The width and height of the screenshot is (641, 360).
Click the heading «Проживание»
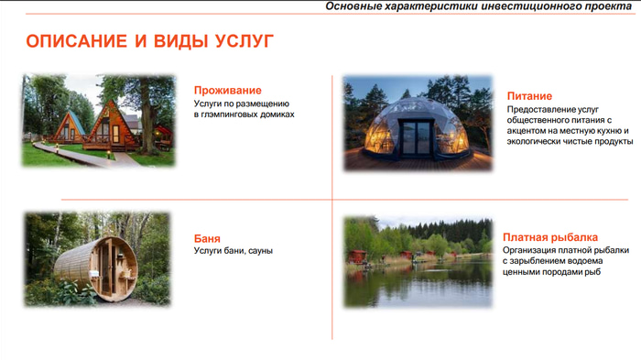228,91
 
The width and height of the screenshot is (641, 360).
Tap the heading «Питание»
529,96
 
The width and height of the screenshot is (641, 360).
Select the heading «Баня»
207,238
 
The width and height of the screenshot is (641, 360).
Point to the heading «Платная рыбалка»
550,237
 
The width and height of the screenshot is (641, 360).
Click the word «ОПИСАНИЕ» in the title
76,41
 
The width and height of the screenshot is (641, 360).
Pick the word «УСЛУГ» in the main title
244,41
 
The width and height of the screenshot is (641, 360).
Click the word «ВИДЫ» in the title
179,41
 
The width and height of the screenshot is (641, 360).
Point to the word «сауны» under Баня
260,251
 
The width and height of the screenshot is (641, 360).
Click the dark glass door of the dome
415,138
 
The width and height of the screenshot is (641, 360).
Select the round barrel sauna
96,268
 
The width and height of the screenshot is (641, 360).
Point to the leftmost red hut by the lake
356,256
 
